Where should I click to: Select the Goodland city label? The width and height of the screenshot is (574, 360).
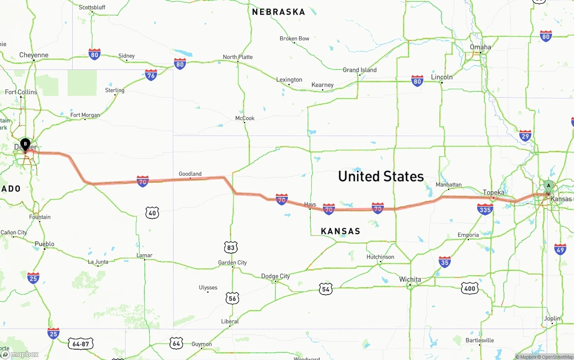coord(190,174)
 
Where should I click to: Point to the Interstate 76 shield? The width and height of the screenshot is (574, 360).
coord(151,75)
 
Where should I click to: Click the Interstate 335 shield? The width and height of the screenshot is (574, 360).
coord(485,209)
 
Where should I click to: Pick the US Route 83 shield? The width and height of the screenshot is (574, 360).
coord(231,247)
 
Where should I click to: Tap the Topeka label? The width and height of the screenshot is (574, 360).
coord(493,193)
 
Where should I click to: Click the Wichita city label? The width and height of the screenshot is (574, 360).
coord(410,279)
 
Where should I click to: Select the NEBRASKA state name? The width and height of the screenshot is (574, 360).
coord(278,12)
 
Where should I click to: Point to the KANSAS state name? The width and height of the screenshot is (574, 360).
coord(340,231)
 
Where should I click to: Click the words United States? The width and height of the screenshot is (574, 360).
coord(381,176)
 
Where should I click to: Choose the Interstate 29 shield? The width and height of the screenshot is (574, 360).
coord(525,136)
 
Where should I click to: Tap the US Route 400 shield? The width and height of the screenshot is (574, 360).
coord(470,288)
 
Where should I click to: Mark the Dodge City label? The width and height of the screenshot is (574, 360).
coord(275,276)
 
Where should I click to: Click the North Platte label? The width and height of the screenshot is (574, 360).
coord(238,57)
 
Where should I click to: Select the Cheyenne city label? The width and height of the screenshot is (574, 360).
coord(34,55)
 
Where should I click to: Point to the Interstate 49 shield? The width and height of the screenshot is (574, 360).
coord(560,250)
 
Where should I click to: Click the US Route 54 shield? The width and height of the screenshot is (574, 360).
coord(326,289)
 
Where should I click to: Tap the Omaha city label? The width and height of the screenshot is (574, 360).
coord(480,47)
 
